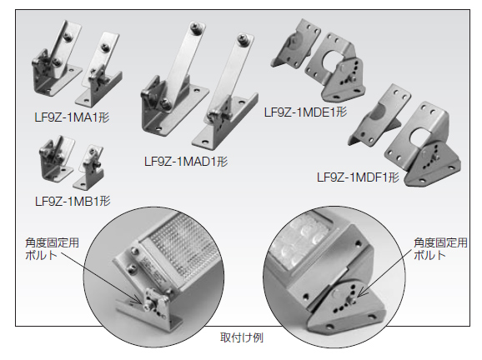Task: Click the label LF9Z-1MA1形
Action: pyautogui.click(x=74, y=117)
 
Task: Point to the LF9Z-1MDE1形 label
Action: pyautogui.click(x=304, y=111)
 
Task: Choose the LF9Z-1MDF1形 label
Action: pyautogui.click(x=359, y=177)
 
